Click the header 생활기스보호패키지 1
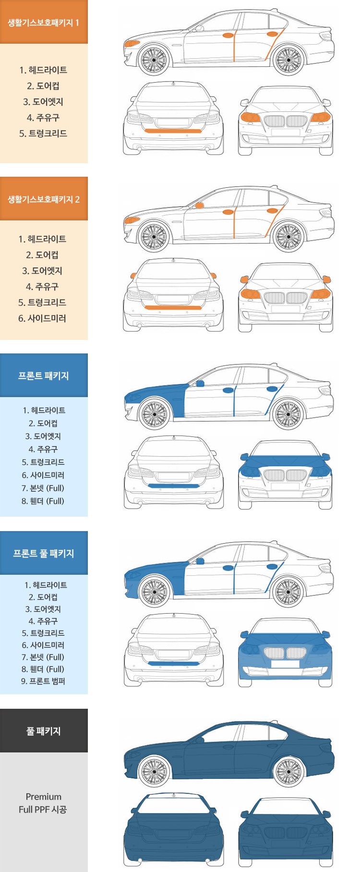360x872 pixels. [x=44, y=22]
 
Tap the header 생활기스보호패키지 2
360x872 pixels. [x=44, y=199]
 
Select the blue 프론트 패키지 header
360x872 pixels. [x=44, y=375]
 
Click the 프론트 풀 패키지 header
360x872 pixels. [x=44, y=553]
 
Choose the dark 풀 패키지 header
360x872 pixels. [x=44, y=731]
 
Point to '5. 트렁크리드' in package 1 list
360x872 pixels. [x=43, y=133]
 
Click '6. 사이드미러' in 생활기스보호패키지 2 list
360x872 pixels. [x=42, y=318]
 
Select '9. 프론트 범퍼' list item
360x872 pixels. [x=43, y=681]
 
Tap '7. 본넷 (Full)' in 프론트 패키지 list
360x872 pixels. [x=43, y=488]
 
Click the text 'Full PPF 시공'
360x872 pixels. [x=43, y=810]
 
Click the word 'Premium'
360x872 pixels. [x=44, y=797]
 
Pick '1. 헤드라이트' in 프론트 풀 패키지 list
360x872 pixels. [x=46, y=585]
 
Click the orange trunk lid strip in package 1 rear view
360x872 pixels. [x=173, y=131]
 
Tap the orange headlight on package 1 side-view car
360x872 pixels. [x=131, y=44]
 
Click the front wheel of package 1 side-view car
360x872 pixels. [x=154, y=60]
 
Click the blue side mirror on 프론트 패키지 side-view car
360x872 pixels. [x=200, y=383]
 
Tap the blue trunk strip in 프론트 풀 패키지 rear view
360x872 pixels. [x=173, y=664]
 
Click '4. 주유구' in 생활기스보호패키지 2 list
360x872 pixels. [x=42, y=287]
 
